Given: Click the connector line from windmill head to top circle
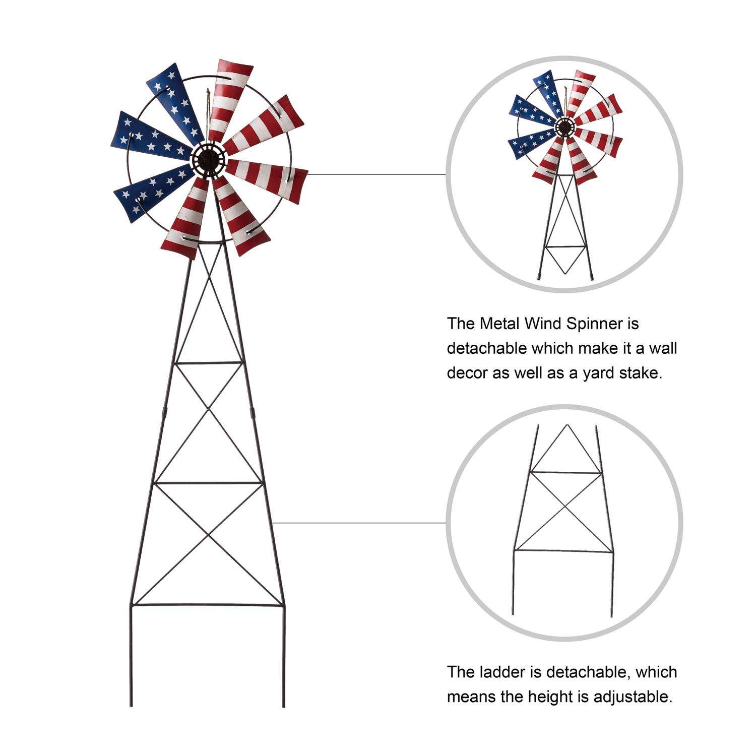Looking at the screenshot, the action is (376, 174).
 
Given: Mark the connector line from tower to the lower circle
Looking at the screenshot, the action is (359, 523).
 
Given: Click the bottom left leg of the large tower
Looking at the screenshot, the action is (131, 655).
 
